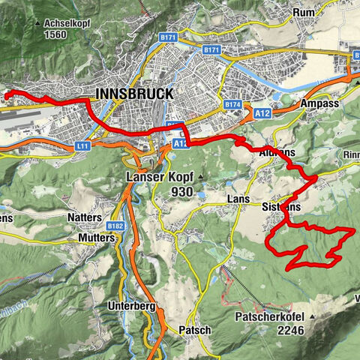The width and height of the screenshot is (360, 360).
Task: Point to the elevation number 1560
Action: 56,34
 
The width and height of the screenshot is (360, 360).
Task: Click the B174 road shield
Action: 232,104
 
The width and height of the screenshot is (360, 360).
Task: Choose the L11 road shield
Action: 82,147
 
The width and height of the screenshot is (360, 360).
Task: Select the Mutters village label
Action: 96,237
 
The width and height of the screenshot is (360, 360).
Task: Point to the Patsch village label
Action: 194,330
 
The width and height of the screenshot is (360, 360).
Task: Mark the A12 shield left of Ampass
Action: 262,112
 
